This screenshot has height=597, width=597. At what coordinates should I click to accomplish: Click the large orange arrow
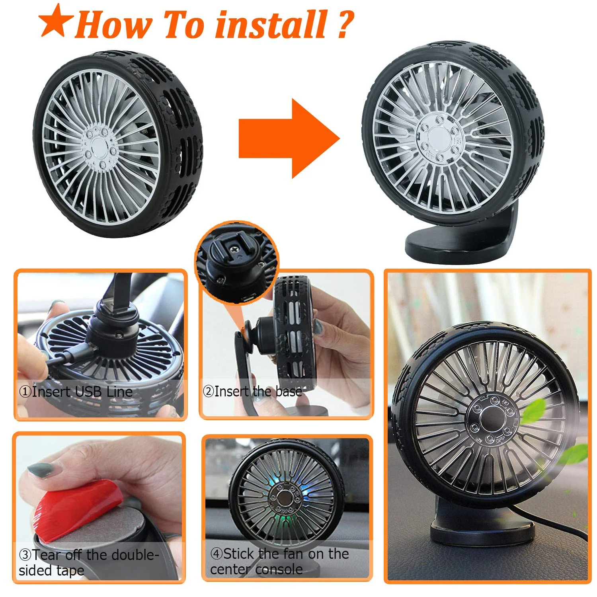pos(289,139)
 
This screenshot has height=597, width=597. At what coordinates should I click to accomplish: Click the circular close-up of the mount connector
pos(237,263)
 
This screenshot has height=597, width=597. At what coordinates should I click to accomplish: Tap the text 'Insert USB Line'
pos(82,392)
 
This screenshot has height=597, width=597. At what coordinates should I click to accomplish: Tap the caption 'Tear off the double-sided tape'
pos(89,562)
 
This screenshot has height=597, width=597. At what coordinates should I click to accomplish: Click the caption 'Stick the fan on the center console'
pos(279,561)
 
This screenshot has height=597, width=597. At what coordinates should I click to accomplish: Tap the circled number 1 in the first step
pos(25,392)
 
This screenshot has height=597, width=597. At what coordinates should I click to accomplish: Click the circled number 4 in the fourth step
pos(216,554)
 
